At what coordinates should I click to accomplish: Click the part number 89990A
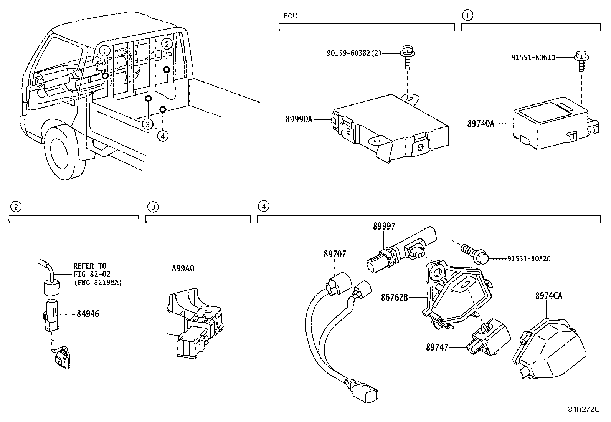click(x=299, y=119)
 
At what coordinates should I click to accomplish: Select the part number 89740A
click(x=481, y=124)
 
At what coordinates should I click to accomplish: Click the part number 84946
click(x=88, y=314)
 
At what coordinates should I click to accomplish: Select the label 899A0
click(x=183, y=268)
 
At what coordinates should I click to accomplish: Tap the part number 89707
click(x=335, y=254)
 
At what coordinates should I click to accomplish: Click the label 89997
click(x=384, y=227)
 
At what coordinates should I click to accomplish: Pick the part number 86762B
click(x=394, y=297)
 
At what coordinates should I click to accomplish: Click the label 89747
click(x=437, y=347)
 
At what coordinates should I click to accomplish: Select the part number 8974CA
click(x=548, y=296)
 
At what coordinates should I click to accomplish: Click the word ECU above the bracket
click(x=290, y=16)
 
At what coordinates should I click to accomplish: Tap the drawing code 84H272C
click(x=583, y=409)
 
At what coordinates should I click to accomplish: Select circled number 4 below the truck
click(x=163, y=136)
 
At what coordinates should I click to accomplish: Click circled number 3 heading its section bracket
click(x=153, y=207)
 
